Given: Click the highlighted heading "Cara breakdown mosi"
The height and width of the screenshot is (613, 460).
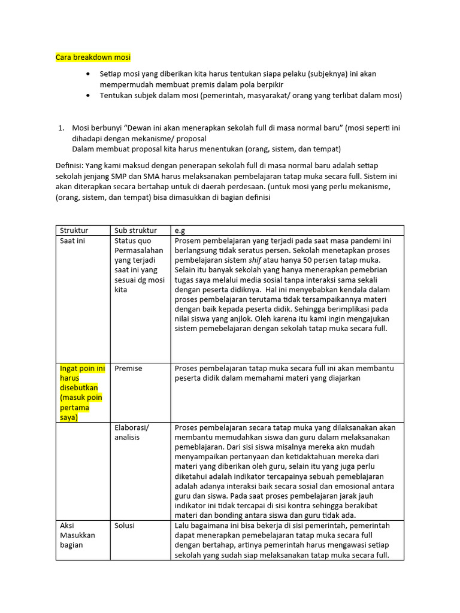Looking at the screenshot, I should pos(93,57).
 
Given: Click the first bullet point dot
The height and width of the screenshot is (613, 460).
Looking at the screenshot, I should pos(88,74).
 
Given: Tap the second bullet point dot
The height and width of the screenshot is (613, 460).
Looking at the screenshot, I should pos(88,96).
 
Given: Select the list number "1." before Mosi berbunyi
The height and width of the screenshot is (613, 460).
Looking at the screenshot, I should pos(60,128).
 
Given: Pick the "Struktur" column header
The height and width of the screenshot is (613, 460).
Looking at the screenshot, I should pos(74,230).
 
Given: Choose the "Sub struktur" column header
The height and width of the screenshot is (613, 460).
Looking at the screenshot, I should pos(135,230).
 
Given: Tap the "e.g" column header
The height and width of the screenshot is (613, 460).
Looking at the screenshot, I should pos(180,230).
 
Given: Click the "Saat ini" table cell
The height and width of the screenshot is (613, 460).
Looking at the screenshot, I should pos(72,241).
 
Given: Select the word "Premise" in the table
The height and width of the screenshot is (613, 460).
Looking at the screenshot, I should pos(128,369).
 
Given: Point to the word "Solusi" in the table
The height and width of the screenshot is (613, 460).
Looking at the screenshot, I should pos(125,526).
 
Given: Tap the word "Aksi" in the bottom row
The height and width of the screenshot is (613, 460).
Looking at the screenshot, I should pos(66,526).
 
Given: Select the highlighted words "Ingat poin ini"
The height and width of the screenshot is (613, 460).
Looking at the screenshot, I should pos(82,369).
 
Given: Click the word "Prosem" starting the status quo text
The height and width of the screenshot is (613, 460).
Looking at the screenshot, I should pos(188,241).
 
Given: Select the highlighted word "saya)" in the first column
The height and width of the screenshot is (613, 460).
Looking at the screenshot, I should pos(69,417).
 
